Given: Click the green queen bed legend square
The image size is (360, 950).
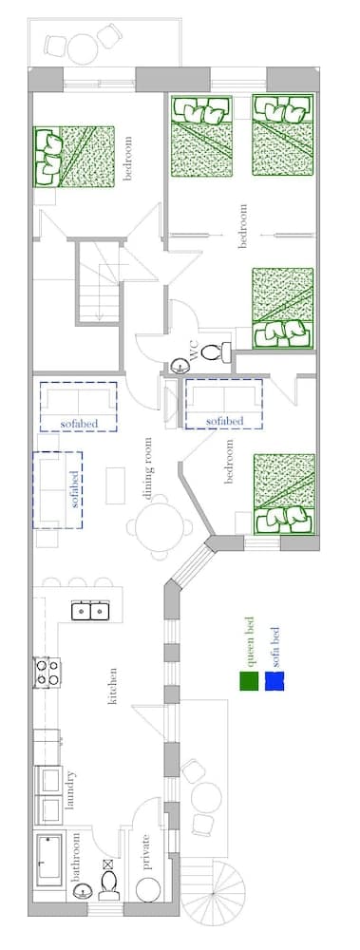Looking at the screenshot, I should click(x=249, y=681).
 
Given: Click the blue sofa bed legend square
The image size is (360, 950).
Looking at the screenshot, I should click(x=275, y=681).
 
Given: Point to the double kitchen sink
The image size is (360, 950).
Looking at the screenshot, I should click(x=90, y=611).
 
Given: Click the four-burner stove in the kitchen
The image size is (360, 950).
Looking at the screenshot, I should click(x=47, y=673).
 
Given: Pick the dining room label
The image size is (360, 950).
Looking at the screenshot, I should click(x=147, y=468).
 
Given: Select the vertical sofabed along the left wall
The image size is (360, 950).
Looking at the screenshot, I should click(x=57, y=489).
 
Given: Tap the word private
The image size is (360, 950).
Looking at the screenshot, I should click(x=145, y=852).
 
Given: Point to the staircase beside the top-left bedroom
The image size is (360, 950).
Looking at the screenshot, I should click(x=99, y=281).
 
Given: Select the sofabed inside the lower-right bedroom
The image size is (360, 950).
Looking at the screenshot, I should click(x=223, y=404).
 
